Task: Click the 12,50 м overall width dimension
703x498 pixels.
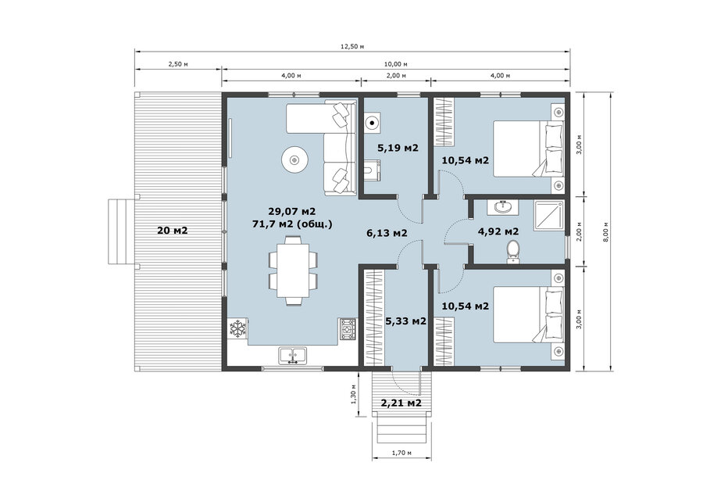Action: pyautogui.click(x=352, y=46)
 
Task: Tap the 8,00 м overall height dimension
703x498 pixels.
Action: pyautogui.click(x=606, y=232)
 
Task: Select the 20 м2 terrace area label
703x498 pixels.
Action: pyautogui.click(x=172, y=231)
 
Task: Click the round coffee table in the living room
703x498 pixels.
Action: pyautogui.click(x=294, y=159)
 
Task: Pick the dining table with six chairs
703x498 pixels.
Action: pyautogui.click(x=293, y=271)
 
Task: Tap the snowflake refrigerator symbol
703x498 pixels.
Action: pyautogui.click(x=237, y=329)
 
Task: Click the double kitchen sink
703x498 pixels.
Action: pyautogui.click(x=293, y=356)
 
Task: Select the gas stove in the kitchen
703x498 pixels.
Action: pyautogui.click(x=348, y=329)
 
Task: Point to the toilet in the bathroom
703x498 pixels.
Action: pyautogui.click(x=512, y=252)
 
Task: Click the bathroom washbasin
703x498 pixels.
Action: pyautogui.click(x=505, y=207)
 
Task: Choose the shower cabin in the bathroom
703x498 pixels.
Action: pyautogui.click(x=548, y=216)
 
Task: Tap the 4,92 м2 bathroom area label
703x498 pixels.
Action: pyautogui.click(x=498, y=231)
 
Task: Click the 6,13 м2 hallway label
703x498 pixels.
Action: pyautogui.click(x=387, y=233)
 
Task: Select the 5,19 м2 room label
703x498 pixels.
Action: pyautogui.click(x=398, y=148)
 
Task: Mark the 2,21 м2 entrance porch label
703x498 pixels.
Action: pyautogui.click(x=401, y=403)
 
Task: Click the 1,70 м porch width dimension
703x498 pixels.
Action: pyautogui.click(x=401, y=453)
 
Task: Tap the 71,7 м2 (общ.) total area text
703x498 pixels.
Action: pyautogui.click(x=292, y=224)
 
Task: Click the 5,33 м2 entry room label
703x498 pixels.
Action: pyautogui.click(x=405, y=321)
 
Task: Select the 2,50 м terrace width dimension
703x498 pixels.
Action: pyautogui.click(x=178, y=63)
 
